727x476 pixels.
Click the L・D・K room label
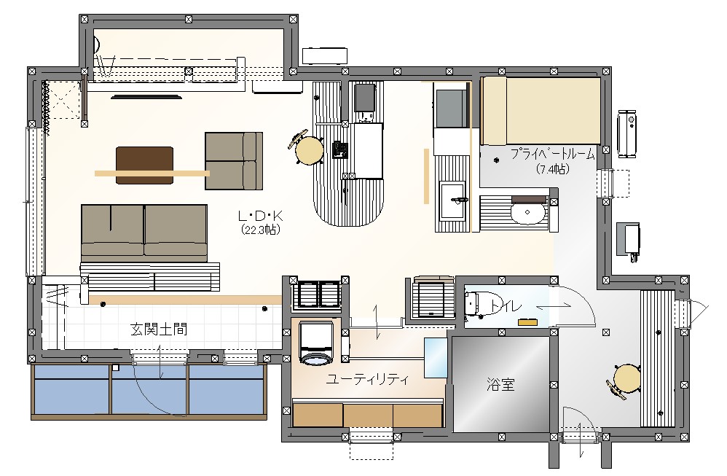260,216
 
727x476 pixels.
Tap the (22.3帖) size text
261,229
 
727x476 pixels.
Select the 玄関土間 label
159,329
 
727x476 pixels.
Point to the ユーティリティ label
367,380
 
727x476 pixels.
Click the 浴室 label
500,384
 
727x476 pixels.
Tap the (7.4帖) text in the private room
553,169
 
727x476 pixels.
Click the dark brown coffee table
145,165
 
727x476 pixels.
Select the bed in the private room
541,111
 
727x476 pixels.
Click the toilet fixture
473,305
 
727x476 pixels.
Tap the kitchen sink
452,201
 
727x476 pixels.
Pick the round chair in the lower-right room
627,378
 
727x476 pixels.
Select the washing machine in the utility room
316,343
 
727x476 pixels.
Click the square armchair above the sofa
234,161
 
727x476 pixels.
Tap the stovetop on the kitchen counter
364,97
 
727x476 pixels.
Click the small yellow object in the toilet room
527,321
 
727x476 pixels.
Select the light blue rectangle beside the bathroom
436,357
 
